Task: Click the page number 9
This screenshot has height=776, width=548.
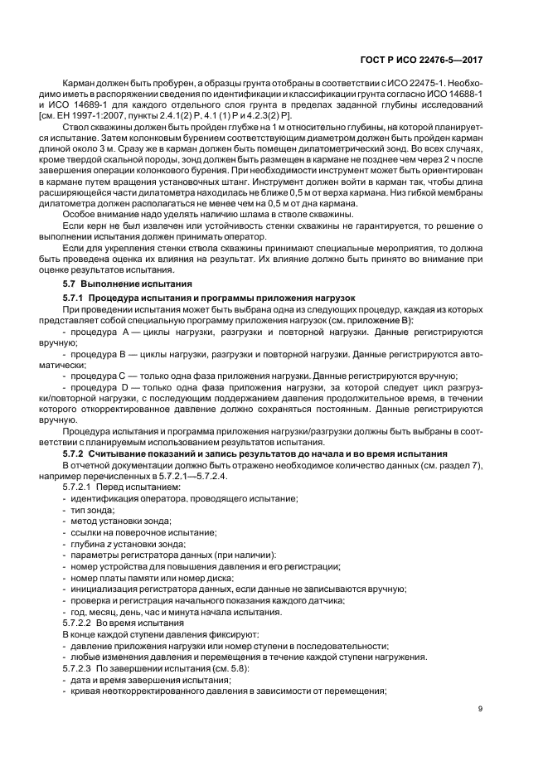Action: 480,708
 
